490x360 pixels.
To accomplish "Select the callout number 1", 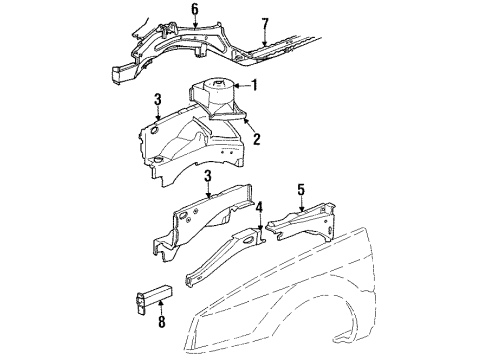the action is click(x=254, y=85).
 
